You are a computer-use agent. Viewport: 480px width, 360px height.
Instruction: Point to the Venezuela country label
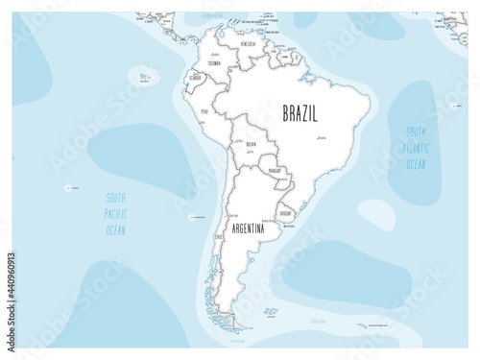(x=249, y=44)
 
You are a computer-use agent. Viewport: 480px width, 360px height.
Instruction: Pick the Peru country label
(x=204, y=111)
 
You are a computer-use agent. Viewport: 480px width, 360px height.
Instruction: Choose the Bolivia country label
(x=250, y=145)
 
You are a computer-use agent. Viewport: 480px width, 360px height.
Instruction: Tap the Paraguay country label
(x=278, y=172)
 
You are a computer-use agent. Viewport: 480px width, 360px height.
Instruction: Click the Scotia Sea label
(x=320, y=321)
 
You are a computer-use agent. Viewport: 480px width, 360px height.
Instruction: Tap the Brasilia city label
(x=322, y=139)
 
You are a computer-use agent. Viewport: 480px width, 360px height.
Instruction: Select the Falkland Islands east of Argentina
(x=271, y=311)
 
